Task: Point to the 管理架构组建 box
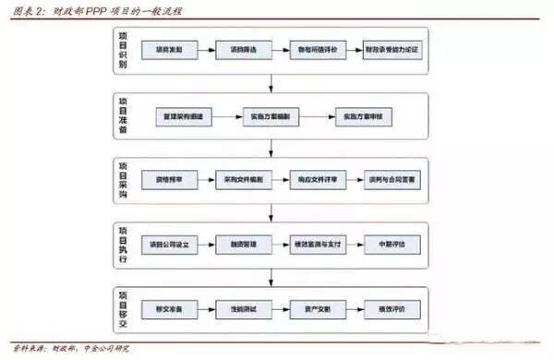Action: (187, 117)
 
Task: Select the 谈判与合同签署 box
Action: (393, 181)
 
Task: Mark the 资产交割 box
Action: (318, 307)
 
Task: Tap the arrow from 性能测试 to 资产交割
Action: (282, 307)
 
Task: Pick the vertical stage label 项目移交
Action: (123, 307)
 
